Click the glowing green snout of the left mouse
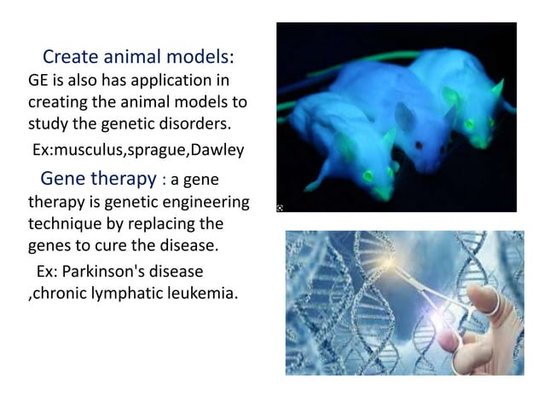(367, 178)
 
